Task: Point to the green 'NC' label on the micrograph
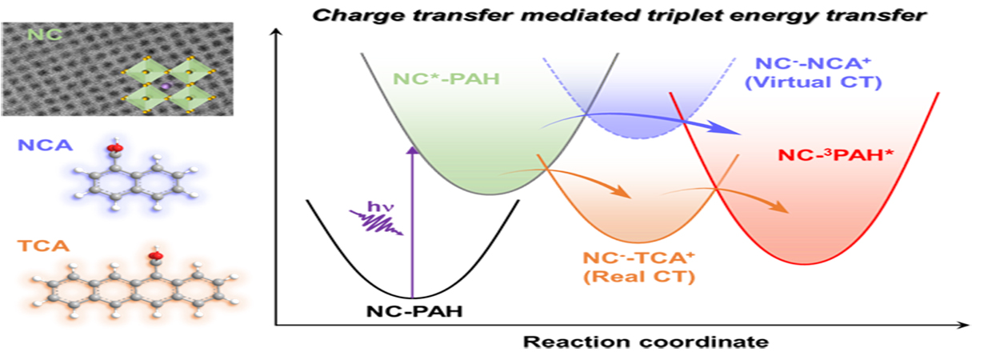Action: coord(41,35)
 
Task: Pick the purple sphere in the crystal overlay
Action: coord(166,85)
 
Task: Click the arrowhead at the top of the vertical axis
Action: coord(275,32)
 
